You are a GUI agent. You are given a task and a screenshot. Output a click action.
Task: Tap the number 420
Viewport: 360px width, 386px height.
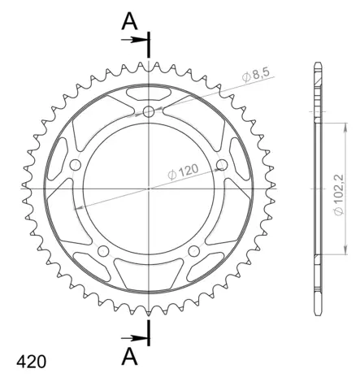[29, 361]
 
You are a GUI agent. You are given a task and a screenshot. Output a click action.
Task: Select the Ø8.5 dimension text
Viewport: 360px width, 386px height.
[259, 78]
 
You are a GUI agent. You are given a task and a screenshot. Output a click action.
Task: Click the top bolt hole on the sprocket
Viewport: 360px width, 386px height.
[149, 111]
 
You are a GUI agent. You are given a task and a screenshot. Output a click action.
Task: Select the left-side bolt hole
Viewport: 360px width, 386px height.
[76, 166]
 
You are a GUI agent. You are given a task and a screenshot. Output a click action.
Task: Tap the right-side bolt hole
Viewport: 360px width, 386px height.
[223, 166]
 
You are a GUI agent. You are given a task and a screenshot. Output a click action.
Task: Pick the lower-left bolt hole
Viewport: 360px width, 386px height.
[103, 251]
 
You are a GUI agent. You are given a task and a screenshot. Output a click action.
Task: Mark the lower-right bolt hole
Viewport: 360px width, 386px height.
[194, 251]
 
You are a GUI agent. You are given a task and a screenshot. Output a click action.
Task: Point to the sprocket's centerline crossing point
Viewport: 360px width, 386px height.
[150, 188]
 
